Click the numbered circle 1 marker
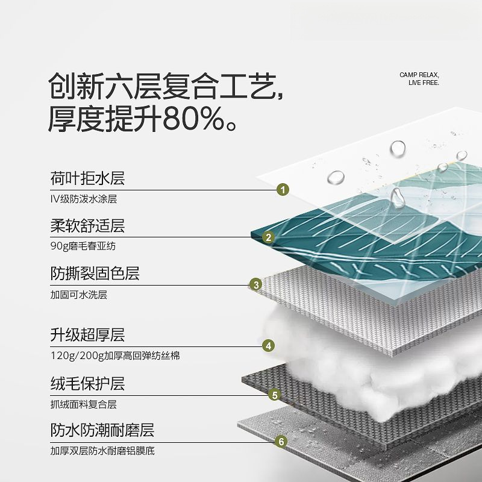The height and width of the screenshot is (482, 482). (283, 190)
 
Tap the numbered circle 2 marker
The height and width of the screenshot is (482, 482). (269, 237)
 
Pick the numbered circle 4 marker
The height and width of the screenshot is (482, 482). (269, 346)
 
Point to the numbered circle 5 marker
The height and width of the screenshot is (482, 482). (275, 395)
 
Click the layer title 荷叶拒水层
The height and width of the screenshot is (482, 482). (87, 178)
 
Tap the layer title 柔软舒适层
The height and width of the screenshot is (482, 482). (87, 226)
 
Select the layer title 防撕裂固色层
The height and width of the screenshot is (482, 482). (95, 274)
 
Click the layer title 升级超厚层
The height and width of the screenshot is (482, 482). (87, 334)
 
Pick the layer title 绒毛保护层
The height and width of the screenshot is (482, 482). (87, 383)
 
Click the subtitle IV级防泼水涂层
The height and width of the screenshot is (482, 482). (83, 199)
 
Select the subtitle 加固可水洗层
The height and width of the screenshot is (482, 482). (78, 295)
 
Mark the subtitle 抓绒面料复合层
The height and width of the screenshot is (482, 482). (83, 404)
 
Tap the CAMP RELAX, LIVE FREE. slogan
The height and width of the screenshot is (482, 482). (419, 79)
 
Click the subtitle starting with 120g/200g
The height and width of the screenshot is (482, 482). (114, 355)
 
